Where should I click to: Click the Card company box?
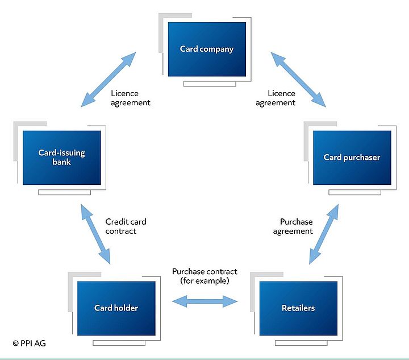(207, 49)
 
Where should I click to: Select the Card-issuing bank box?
(62, 158)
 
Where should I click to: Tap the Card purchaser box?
(352, 158)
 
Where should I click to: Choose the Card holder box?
(116, 308)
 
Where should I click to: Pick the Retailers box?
(298, 308)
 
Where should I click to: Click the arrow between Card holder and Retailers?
(206, 300)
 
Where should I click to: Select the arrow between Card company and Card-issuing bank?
(108, 80)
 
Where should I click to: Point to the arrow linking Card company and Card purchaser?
(298, 80)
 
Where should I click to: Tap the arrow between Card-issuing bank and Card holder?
(95, 234)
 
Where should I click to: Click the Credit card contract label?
(126, 226)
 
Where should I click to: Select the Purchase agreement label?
(293, 226)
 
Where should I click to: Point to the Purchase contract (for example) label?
(204, 276)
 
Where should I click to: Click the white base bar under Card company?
(210, 84)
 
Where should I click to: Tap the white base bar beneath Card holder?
(119, 343)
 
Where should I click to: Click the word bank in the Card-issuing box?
(62, 162)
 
